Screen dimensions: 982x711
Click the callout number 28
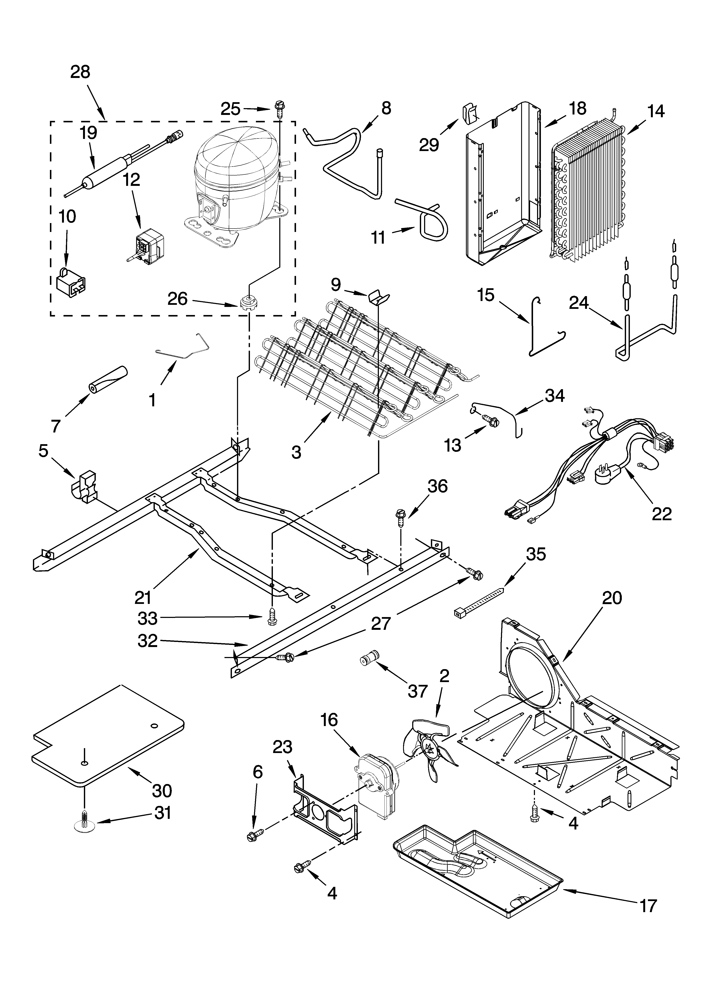tap(80, 72)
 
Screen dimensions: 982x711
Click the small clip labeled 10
tap(71, 280)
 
